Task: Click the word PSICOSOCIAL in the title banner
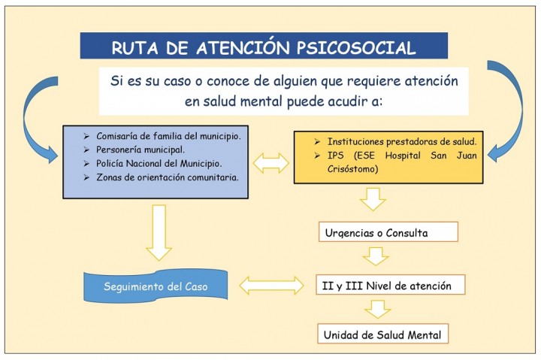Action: [356, 47]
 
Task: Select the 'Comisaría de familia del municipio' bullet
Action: [168, 136]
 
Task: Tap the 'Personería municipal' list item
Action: [141, 150]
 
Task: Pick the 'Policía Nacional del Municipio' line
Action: [159, 164]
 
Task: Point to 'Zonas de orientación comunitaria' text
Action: [168, 177]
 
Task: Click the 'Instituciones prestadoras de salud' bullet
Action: [402, 141]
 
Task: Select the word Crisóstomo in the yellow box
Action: [352, 169]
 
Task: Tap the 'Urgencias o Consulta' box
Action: [388, 231]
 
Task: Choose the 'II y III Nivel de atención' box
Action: [390, 285]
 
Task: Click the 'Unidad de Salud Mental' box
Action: [382, 334]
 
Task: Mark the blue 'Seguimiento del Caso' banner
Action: [156, 286]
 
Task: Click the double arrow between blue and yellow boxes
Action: [271, 163]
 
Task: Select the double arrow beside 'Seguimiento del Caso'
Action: [271, 286]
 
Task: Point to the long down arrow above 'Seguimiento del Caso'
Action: [159, 233]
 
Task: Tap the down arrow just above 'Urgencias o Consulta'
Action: [373, 199]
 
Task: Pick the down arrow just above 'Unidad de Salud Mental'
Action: [378, 309]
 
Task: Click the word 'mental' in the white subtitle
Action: [261, 101]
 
